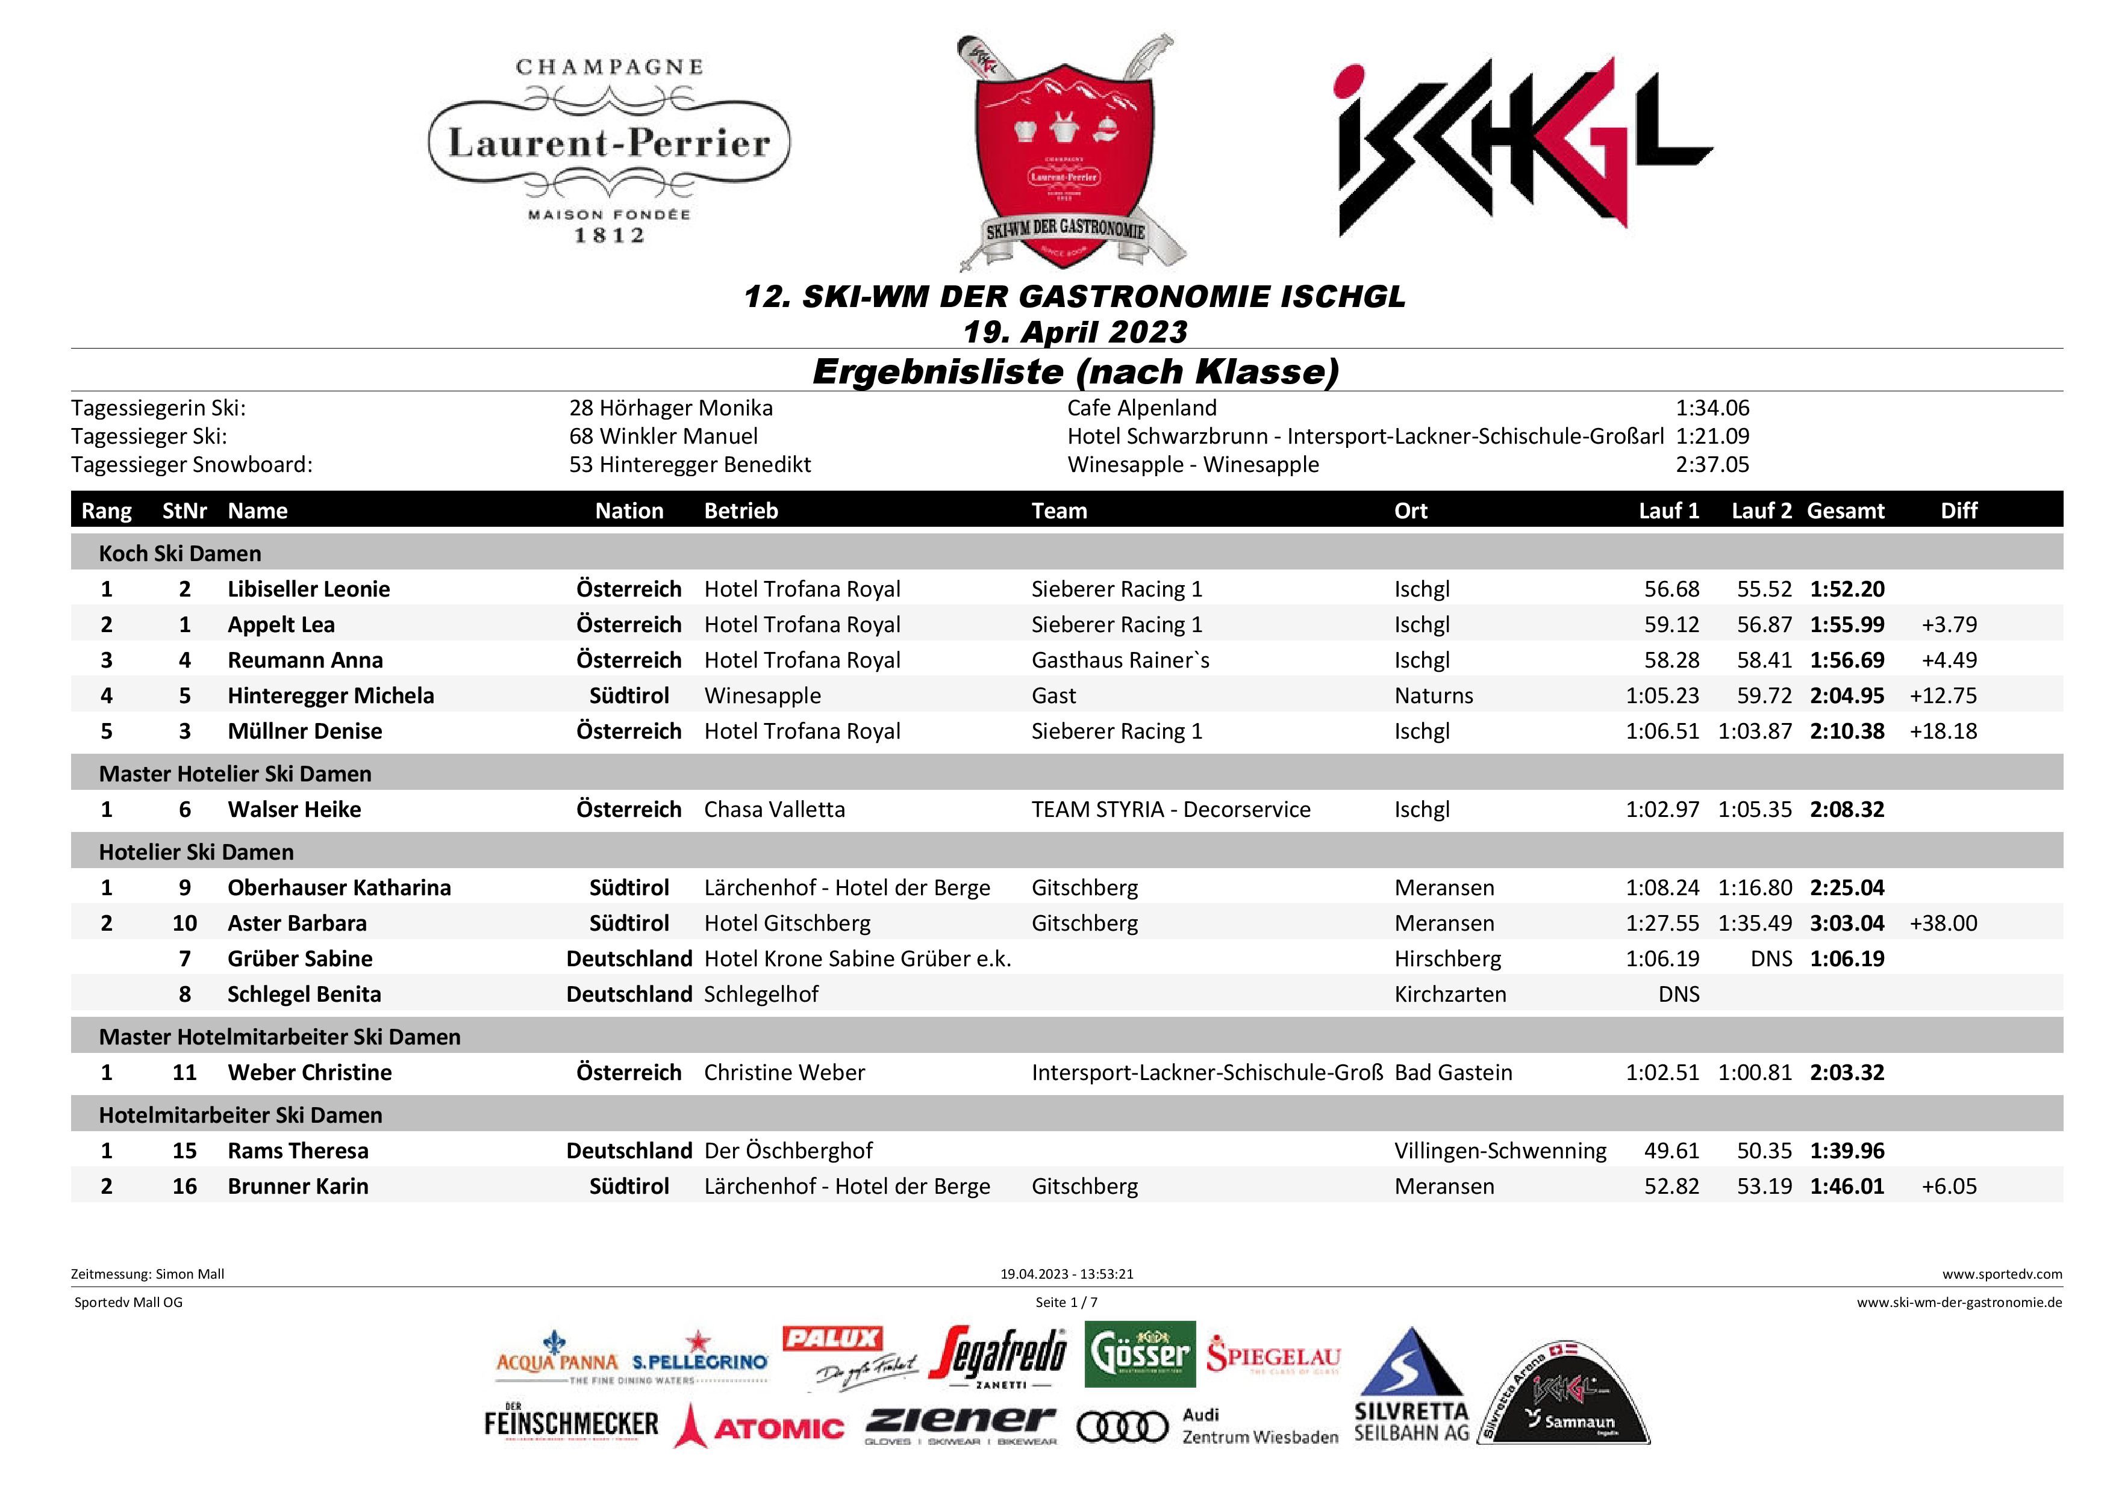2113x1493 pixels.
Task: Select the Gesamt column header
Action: click(1845, 511)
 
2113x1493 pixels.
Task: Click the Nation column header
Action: click(629, 511)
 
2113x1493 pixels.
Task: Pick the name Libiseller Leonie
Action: click(308, 589)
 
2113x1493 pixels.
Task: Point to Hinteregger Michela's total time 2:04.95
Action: click(1846, 695)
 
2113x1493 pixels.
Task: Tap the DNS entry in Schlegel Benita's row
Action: click(1679, 993)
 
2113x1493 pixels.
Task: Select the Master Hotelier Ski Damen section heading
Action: click(235, 774)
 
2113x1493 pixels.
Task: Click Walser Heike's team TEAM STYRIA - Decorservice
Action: click(1170, 810)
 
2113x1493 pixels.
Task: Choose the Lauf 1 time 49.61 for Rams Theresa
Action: click(1671, 1151)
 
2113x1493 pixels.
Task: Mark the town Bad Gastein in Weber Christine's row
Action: click(1453, 1073)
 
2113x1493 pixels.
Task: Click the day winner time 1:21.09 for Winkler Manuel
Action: click(1712, 436)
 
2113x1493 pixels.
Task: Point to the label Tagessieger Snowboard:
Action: click(192, 465)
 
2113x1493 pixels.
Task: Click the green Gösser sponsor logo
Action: click(1140, 1354)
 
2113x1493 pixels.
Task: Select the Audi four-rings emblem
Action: click(1122, 1427)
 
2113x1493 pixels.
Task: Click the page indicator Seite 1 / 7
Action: click(1066, 1302)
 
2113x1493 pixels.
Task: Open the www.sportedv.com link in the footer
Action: click(2002, 1274)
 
